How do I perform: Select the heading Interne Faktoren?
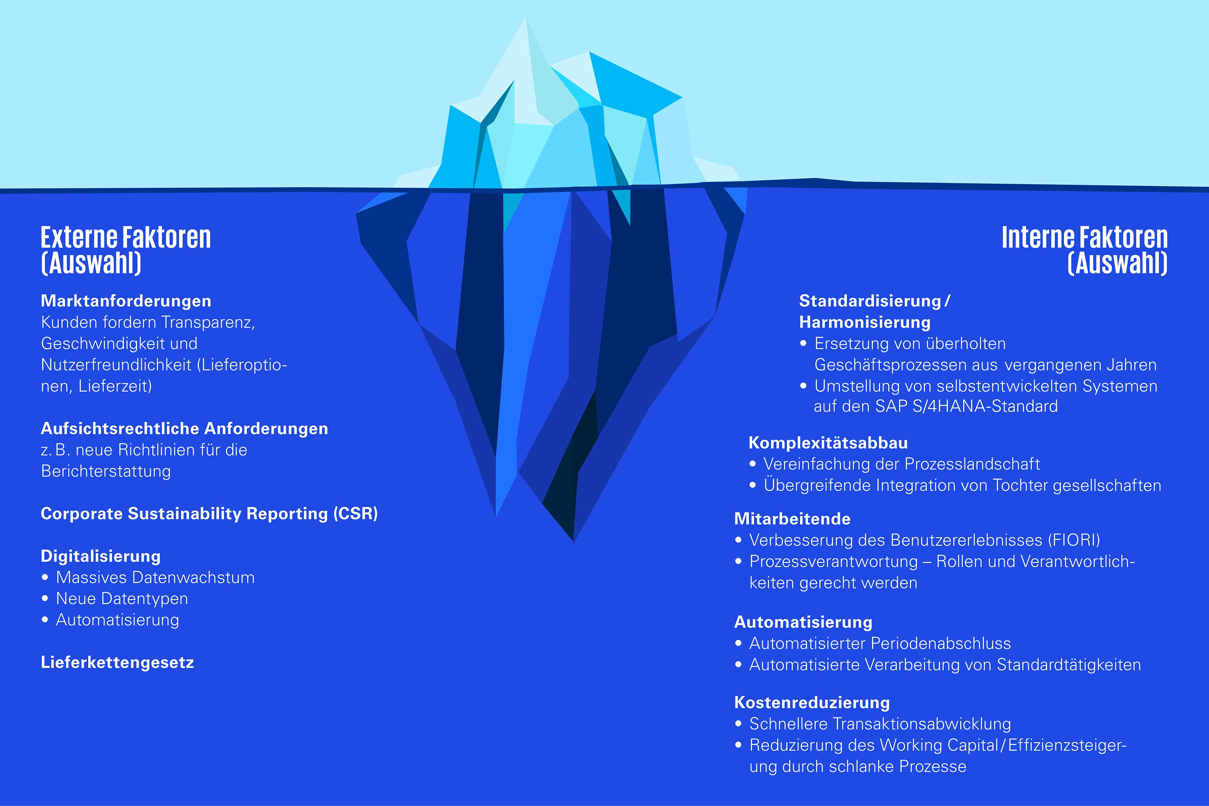point(1084,237)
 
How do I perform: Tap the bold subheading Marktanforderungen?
point(126,301)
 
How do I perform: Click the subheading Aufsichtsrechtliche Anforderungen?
point(184,428)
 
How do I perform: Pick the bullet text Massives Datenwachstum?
point(155,577)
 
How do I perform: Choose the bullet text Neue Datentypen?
point(122,599)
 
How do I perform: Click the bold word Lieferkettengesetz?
point(117,663)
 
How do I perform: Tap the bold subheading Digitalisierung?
point(101,556)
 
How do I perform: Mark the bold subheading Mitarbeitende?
point(792,519)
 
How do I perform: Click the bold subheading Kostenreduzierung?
point(812,702)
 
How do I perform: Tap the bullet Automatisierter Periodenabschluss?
point(880,643)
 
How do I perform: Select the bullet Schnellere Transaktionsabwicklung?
point(880,724)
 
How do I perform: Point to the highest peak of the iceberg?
point(525,17)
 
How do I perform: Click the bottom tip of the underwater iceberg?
point(573,542)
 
